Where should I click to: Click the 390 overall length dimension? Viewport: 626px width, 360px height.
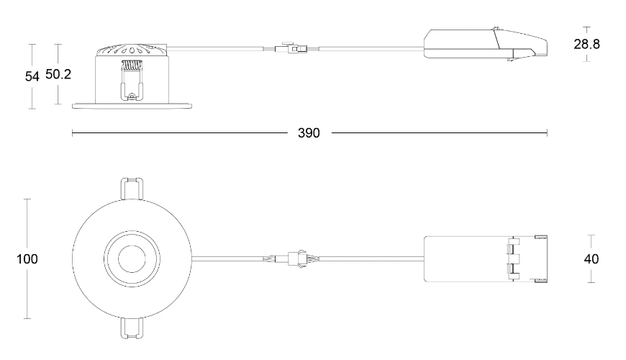click(x=309, y=133)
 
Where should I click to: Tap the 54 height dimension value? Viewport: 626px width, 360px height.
click(x=32, y=76)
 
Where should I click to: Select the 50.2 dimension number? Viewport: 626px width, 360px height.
click(x=58, y=75)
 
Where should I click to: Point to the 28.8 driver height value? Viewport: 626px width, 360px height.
click(x=586, y=44)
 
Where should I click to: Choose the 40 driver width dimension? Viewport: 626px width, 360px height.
click(x=591, y=258)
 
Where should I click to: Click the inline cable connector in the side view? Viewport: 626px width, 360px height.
click(x=290, y=49)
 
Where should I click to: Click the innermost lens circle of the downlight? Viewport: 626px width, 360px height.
click(x=132, y=258)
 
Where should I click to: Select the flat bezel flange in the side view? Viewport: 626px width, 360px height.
click(x=132, y=106)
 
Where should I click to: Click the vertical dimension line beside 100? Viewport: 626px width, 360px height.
click(x=27, y=216)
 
